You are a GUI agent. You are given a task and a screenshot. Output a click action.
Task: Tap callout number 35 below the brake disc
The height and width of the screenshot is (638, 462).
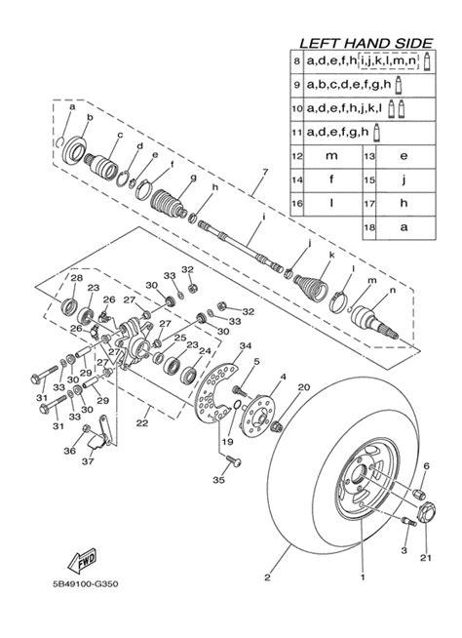pyautogui.click(x=218, y=481)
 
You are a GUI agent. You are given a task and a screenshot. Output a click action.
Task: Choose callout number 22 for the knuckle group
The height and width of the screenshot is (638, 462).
pyautogui.click(x=142, y=424)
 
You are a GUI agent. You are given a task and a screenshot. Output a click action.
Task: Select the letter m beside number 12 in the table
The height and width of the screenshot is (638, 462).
pyautogui.click(x=331, y=155)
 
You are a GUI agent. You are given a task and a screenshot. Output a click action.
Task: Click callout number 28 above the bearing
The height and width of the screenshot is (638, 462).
pyautogui.click(x=76, y=279)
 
